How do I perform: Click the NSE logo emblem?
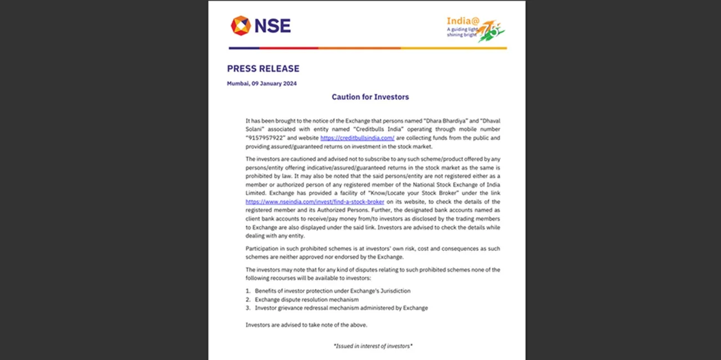coord(240,26)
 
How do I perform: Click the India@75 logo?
coord(475,28)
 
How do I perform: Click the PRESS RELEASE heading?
coord(263,69)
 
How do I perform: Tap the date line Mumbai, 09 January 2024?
coord(262,83)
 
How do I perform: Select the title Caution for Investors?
coord(370,97)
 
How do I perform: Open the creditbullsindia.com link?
coord(357,138)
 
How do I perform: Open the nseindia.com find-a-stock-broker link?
coord(314,202)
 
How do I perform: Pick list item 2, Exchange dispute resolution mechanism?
coord(306,300)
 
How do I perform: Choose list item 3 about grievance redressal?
coord(341,308)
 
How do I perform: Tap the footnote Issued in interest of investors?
coord(373,346)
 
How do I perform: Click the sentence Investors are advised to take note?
coord(306,325)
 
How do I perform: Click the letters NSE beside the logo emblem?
coord(272,26)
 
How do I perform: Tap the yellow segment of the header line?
coord(454,48)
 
